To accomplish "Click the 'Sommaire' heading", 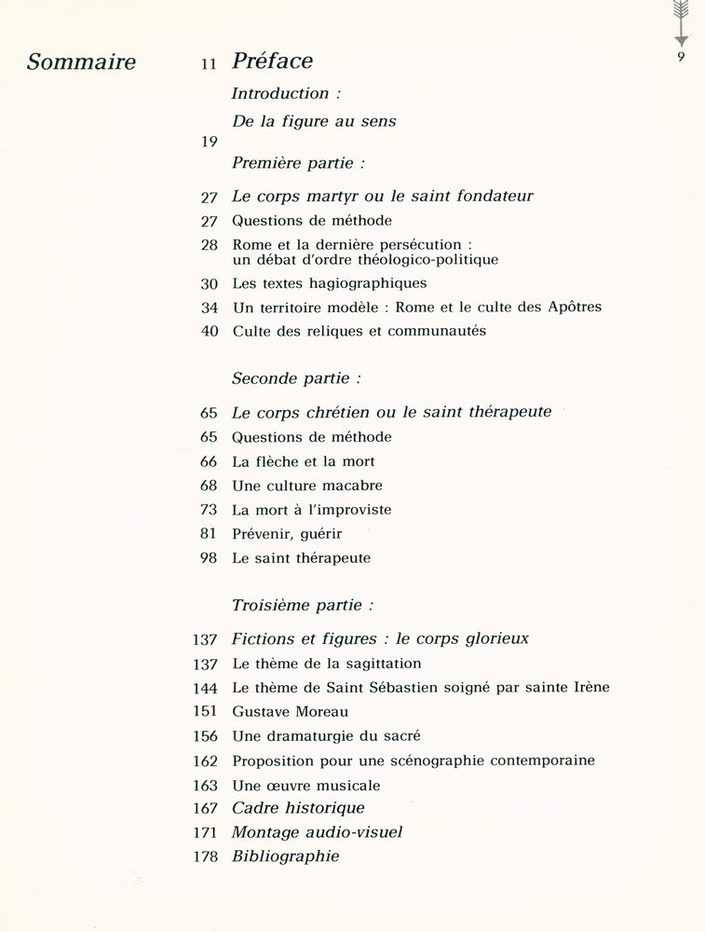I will coord(81,62).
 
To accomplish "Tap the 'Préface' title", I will coord(272,62).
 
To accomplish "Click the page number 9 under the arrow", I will coord(681,59).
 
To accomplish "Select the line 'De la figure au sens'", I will coord(313,121).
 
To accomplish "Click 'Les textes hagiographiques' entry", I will coord(329,282).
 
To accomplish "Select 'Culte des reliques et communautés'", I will coord(359,331).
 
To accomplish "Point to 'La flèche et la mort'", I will coord(303,461).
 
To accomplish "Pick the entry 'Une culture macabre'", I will coord(306,486).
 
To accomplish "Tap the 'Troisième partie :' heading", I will coord(302,605).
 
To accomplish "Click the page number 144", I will coord(204,687).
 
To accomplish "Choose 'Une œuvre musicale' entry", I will coord(305,786).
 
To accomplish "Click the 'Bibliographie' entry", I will coord(285,857).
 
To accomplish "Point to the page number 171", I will coord(204,832).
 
